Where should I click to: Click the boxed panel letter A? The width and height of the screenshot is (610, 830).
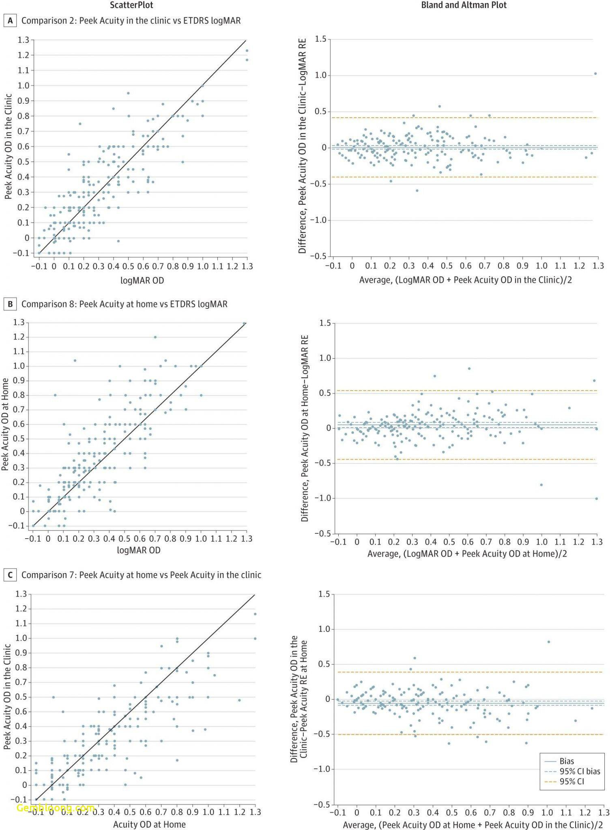click(x=10, y=20)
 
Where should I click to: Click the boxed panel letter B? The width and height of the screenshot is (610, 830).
click(x=10, y=304)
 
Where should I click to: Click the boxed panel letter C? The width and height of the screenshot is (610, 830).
click(x=10, y=575)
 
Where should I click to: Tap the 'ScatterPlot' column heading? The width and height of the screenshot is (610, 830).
click(x=132, y=5)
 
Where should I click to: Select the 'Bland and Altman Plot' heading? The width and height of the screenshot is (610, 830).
click(x=464, y=5)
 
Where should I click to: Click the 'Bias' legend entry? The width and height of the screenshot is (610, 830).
click(x=567, y=761)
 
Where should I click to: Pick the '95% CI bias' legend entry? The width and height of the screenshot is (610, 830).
click(x=580, y=771)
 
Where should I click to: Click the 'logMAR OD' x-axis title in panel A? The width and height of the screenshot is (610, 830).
click(x=142, y=280)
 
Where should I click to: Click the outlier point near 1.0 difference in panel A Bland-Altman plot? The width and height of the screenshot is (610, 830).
click(x=595, y=74)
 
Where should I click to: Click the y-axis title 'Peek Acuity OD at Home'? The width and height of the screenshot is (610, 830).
click(x=5, y=424)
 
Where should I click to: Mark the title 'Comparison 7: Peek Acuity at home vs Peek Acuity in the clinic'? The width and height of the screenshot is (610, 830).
click(x=141, y=575)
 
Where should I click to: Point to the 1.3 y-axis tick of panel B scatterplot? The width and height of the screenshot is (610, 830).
click(x=19, y=323)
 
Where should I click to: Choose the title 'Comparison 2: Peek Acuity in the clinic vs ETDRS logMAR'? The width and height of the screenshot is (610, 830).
click(x=131, y=20)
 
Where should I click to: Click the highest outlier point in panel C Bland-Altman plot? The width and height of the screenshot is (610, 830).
click(x=549, y=642)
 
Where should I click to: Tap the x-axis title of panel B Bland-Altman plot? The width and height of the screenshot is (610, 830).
click(x=467, y=553)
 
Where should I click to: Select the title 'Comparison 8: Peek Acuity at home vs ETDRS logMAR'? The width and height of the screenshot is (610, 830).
click(x=124, y=304)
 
